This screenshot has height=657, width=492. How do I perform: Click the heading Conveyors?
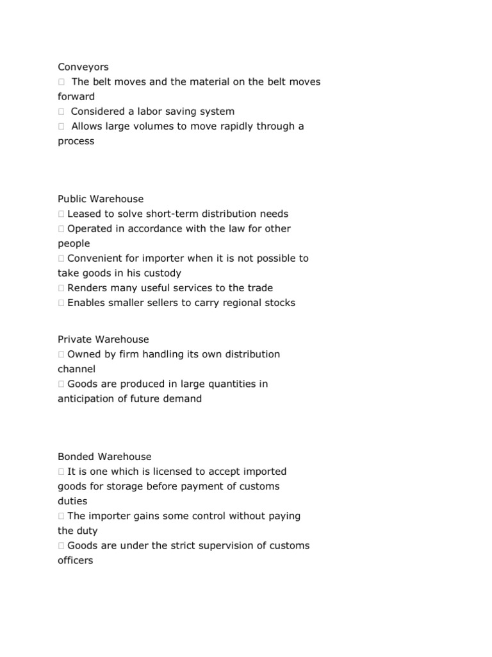point(83,67)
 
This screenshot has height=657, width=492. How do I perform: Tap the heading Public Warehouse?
point(101,199)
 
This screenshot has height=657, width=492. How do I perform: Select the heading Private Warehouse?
point(103,339)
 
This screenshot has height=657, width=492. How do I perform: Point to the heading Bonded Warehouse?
point(104,457)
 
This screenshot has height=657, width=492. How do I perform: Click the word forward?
point(76,96)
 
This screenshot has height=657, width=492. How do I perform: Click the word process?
point(76,141)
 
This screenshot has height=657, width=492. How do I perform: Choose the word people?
point(74,243)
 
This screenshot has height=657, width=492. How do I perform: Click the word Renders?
point(87,287)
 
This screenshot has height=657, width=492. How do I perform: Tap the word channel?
point(76,369)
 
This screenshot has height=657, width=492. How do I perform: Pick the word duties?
point(72,501)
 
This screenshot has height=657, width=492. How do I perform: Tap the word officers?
point(75,560)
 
